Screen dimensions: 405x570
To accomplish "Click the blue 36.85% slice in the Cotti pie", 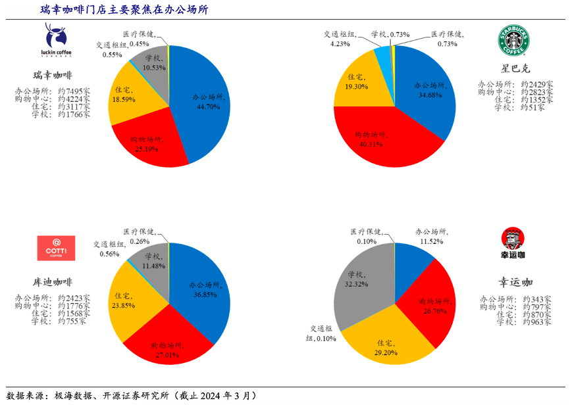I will coord(204,289).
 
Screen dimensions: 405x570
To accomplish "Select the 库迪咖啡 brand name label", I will coord(53,282).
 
